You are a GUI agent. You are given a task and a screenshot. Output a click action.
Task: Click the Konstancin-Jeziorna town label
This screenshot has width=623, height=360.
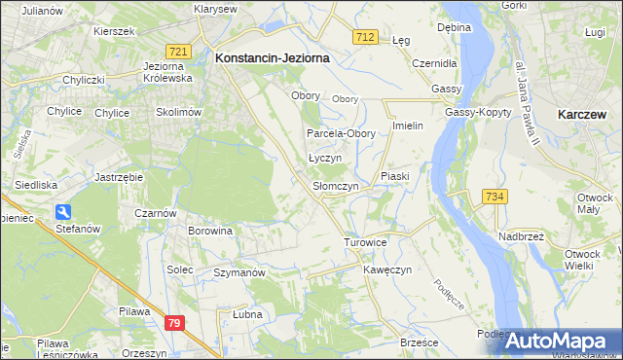[272, 58]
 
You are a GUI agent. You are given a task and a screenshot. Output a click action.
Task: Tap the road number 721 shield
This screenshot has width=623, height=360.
[176, 51]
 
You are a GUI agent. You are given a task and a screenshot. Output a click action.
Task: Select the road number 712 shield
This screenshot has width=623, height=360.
[365, 36]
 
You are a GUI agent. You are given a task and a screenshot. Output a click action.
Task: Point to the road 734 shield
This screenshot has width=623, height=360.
[494, 197]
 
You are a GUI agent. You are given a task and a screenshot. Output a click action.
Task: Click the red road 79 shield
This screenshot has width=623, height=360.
[174, 322]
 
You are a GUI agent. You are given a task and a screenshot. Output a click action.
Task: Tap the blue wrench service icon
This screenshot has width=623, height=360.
[63, 211]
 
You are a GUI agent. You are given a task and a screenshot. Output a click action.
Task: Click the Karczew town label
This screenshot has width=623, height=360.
[584, 114]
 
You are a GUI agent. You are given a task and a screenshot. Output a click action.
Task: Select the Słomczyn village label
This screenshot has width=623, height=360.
[336, 185]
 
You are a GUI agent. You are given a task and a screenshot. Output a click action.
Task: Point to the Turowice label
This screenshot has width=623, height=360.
[366, 242]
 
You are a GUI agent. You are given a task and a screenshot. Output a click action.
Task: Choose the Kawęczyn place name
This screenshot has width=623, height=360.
[388, 269]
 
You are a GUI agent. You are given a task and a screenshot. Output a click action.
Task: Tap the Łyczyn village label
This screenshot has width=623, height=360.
[324, 157]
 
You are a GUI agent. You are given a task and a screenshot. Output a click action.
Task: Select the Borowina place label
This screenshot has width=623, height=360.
[211, 232]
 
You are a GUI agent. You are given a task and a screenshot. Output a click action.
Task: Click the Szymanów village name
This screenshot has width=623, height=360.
[239, 273]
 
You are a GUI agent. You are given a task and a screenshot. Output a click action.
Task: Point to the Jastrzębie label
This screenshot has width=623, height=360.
[120, 177]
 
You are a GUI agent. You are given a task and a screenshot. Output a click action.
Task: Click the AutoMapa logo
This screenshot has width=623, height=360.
[557, 340]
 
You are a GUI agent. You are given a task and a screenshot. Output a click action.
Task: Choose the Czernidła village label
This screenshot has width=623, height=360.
[434, 63]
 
